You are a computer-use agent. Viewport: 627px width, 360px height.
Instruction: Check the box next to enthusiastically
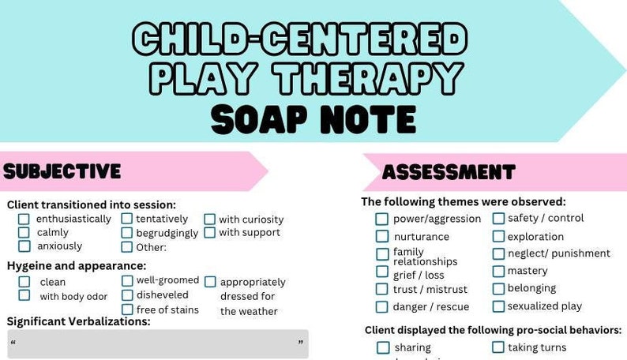[x=24, y=219]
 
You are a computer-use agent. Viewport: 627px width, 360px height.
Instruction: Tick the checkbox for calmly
[x=24, y=232]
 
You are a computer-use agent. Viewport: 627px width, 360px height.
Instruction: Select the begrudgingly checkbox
[x=127, y=233]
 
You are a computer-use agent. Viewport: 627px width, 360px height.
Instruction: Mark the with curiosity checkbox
[x=210, y=219]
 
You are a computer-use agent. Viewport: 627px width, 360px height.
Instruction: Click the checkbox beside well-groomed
[x=127, y=280]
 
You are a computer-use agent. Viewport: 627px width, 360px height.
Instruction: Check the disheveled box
[x=127, y=295]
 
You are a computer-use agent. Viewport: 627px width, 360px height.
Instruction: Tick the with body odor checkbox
[x=24, y=296]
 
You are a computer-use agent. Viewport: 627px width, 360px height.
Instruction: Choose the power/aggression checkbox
[x=382, y=219]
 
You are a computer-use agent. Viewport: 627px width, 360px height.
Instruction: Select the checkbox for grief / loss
[x=382, y=272]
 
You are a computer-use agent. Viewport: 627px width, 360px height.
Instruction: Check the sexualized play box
[x=499, y=306]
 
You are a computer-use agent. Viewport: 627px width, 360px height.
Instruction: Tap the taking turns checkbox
[x=499, y=347]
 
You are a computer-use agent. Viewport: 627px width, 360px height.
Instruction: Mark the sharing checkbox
[x=383, y=347]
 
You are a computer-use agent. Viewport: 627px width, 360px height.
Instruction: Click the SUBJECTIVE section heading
[x=62, y=171]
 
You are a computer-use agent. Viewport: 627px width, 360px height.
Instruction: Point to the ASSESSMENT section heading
[x=449, y=172]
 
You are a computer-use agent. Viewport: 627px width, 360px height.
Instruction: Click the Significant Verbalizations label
[x=78, y=321]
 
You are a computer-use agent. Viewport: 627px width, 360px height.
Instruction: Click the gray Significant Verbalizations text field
[x=158, y=344]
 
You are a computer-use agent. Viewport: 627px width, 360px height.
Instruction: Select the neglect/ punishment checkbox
[x=499, y=253]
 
